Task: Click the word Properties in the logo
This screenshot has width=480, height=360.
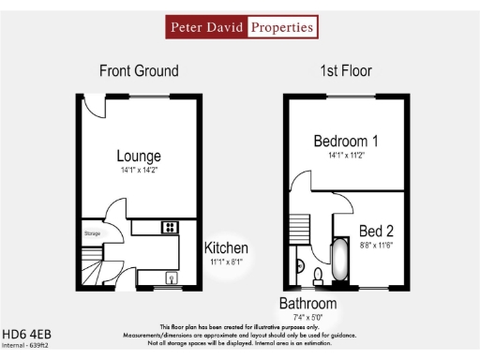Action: pos(280,27)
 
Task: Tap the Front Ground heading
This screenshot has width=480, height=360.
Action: pos(139,70)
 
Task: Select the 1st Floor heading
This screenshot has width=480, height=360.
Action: pos(346,70)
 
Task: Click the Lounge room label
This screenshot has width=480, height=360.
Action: pos(139,156)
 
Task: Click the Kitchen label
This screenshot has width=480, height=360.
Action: pos(227,248)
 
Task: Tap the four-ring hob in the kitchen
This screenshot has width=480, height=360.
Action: pos(170,227)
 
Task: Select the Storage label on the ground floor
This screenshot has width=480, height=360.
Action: pos(91,233)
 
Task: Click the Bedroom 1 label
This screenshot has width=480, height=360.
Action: pos(346,142)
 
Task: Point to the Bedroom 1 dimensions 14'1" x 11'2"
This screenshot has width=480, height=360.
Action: pos(346,157)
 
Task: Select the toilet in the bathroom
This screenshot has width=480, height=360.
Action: pos(318,276)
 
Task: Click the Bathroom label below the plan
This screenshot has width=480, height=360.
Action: pos(307,304)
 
